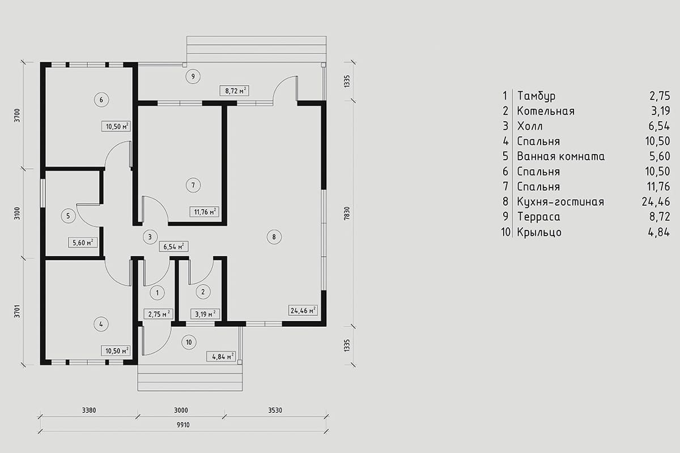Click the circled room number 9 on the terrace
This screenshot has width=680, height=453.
pyautogui.click(x=193, y=76)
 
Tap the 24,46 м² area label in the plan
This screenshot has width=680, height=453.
pyautogui.click(x=303, y=311)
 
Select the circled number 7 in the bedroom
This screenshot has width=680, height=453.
pyautogui.click(x=193, y=185)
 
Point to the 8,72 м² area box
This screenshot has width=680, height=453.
pyautogui.click(x=235, y=91)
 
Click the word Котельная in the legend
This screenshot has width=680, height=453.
pyautogui.click(x=546, y=111)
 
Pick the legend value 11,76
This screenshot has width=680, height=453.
pyautogui.click(x=658, y=187)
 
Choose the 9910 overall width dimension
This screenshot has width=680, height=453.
pyautogui.click(x=183, y=425)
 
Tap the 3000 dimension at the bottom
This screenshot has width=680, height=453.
pyautogui.click(x=181, y=411)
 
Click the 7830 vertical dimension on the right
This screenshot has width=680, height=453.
pyautogui.click(x=347, y=213)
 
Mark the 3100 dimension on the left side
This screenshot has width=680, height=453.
pyautogui.click(x=18, y=213)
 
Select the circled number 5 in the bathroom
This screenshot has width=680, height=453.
pyautogui.click(x=68, y=216)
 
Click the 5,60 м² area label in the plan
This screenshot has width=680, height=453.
pyautogui.click(x=83, y=243)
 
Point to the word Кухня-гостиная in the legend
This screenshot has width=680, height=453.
pyautogui.click(x=560, y=202)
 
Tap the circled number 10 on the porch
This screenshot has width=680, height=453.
pyautogui.click(x=189, y=342)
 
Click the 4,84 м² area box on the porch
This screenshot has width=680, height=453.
pyautogui.click(x=221, y=357)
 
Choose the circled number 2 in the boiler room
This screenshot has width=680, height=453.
pyautogui.click(x=203, y=292)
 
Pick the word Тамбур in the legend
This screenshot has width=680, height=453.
pyautogui.click(x=537, y=96)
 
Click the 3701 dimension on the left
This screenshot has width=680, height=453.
pyautogui.click(x=18, y=311)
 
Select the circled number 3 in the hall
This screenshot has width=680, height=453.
pyautogui.click(x=150, y=237)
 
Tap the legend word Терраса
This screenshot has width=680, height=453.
pyautogui.click(x=539, y=217)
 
